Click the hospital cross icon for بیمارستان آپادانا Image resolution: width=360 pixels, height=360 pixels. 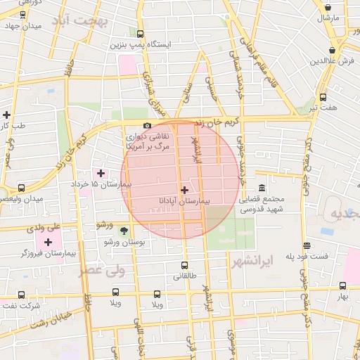click(184, 190)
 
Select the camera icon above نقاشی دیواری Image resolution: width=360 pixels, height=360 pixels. click(146, 126)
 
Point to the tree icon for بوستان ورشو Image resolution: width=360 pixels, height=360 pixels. click(124, 230)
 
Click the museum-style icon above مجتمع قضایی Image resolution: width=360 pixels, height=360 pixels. click(262, 188)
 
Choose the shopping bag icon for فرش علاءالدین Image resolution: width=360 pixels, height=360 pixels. click(331, 50)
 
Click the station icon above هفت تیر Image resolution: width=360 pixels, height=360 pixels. click(323, 98)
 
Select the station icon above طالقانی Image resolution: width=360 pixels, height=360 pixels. click(184, 266)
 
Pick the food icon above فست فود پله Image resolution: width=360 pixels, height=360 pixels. click(307, 245)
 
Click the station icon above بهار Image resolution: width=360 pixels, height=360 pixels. click(342, 286)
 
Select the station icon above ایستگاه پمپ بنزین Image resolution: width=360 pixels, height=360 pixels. click(140, 34)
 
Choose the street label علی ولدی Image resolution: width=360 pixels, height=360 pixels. click(44, 228)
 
